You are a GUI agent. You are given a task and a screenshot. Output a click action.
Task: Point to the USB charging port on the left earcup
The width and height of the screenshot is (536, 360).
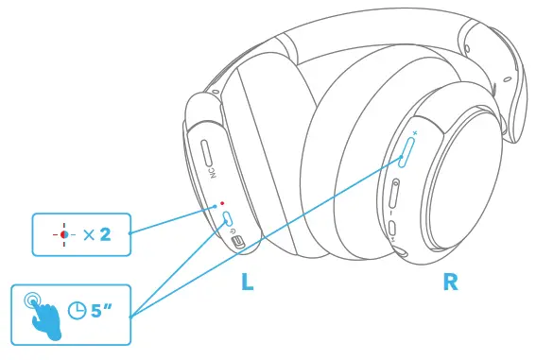(240, 243)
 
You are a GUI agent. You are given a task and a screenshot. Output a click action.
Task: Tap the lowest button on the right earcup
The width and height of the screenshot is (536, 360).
(390, 229)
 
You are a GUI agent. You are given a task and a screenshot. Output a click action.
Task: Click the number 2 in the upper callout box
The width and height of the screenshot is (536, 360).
(105, 232)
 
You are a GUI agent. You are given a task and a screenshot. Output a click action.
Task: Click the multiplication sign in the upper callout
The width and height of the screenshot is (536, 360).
(88, 233)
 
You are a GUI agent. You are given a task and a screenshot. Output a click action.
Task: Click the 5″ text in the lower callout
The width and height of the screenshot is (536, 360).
(102, 308)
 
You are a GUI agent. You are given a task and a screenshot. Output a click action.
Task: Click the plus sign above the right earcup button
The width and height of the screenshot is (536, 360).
(413, 133)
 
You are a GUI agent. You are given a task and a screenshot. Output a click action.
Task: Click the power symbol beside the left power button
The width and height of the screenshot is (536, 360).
(234, 227)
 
